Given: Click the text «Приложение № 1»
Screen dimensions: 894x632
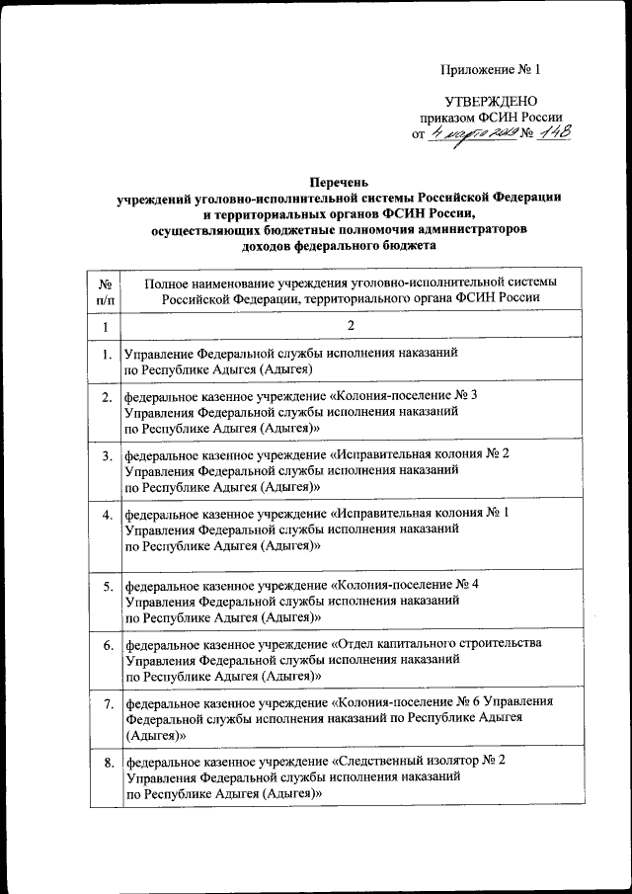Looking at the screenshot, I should point(491,69).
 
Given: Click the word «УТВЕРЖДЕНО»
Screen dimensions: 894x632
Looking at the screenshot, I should point(491,102).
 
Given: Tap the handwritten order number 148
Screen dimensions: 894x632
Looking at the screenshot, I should point(552,134).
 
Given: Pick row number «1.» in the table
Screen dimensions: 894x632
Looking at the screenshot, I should point(106,353).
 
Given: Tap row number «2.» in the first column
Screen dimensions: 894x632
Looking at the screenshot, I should point(106,397).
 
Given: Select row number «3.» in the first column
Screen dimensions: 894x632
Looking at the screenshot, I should point(106,455).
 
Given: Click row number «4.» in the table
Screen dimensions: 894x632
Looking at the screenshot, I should point(106,515).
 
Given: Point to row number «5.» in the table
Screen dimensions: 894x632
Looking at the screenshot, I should point(106,587).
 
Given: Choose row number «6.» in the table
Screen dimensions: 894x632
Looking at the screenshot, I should point(106,645).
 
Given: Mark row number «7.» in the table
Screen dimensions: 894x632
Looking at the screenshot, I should point(106,703).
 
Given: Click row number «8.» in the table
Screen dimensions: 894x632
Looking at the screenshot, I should point(106,762).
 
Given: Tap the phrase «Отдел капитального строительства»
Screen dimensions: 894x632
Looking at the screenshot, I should point(435,644).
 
